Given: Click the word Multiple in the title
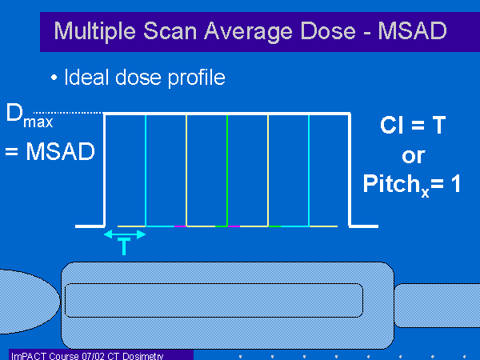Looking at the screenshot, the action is click(x=95, y=31).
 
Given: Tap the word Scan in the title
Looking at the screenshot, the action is click(x=170, y=31).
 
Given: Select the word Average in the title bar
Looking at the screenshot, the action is click(x=248, y=32).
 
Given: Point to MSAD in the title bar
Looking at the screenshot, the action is click(x=412, y=30).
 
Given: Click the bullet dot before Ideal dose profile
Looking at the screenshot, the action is click(x=54, y=78).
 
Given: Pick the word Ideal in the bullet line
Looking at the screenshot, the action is click(x=86, y=77).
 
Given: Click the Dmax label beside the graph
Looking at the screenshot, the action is click(x=30, y=116).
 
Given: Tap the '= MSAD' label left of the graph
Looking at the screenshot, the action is click(x=50, y=151).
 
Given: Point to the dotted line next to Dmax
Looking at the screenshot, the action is click(x=68, y=112).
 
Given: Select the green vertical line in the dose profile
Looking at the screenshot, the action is click(x=227, y=170).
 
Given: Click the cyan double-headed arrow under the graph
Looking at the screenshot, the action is click(x=125, y=234).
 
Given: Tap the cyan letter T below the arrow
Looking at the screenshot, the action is click(x=124, y=246).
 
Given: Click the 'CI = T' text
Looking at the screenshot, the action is click(x=413, y=126).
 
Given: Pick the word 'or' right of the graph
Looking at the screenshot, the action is click(x=414, y=156).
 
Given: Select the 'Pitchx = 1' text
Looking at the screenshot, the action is click(x=412, y=185).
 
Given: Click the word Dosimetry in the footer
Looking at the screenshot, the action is click(x=143, y=356).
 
